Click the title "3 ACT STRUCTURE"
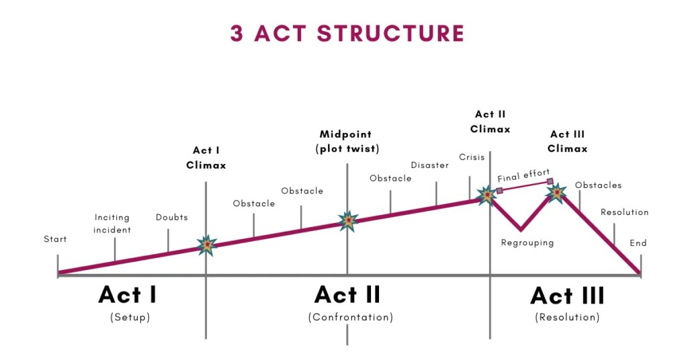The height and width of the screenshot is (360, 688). tap(347, 33)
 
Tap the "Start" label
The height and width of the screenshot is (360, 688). tap(55, 239)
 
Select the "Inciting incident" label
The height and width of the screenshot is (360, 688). tap(112, 224)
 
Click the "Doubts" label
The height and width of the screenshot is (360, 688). tap(172, 218)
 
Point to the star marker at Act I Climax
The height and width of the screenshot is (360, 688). tap(206, 246)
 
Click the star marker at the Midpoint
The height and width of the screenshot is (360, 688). tap(347, 220)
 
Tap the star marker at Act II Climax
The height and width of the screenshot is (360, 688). tap(486, 195)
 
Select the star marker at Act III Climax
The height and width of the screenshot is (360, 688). tap(556, 193)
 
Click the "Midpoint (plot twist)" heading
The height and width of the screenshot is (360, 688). tap(347, 142)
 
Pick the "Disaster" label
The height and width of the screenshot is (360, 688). tap(429, 165)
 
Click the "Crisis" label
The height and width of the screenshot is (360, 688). tap(472, 157)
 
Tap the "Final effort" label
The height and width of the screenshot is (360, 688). tap(523, 177)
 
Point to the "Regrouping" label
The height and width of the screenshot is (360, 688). tap(527, 242)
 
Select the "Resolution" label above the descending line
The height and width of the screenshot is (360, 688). tap(624, 212)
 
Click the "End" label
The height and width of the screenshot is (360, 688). tap(638, 243)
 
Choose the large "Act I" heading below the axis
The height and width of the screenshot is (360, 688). tap(128, 295)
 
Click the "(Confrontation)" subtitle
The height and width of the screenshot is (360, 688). tap(350, 317)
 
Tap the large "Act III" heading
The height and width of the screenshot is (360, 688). tap(567, 296)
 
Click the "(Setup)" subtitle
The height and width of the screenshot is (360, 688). tap(130, 317)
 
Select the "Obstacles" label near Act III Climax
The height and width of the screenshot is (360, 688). tap(598, 185)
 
